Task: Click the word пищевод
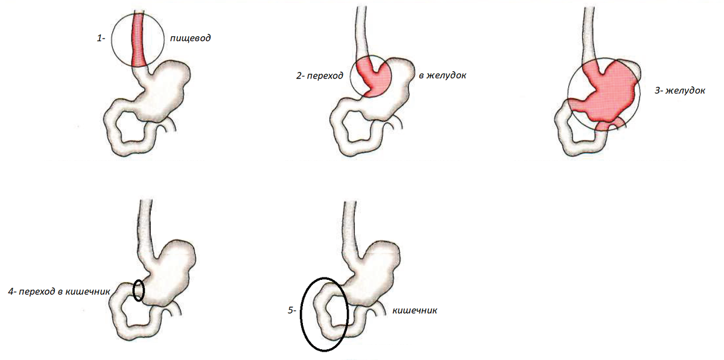[x=191, y=38]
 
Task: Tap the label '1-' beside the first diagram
[x=101, y=38]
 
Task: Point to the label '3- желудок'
[x=679, y=90]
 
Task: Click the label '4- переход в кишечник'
[x=59, y=291]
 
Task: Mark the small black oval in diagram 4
[x=139, y=290]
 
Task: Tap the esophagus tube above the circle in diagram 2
[x=361, y=30]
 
